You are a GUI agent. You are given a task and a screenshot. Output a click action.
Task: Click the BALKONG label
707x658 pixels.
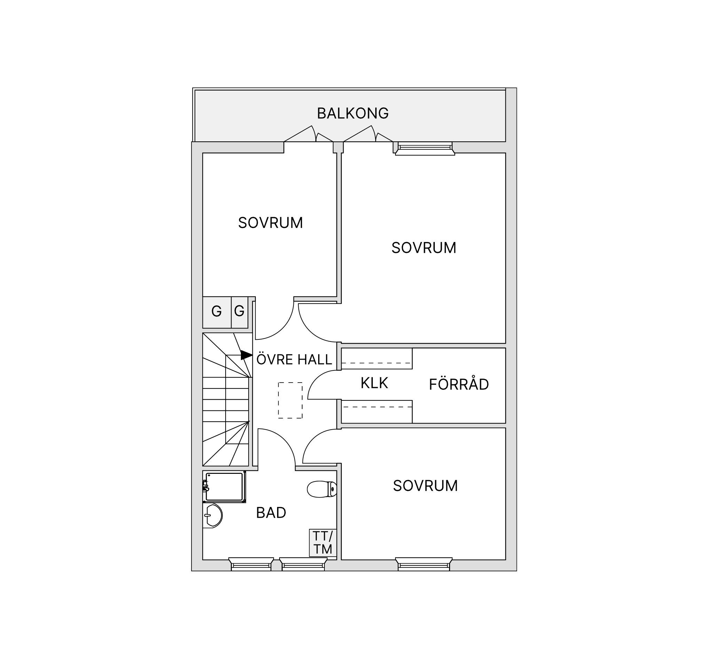pos(352,113)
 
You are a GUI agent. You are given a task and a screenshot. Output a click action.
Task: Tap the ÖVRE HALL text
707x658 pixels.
pos(294,359)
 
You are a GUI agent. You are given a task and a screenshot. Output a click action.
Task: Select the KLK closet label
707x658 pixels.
pos(374,383)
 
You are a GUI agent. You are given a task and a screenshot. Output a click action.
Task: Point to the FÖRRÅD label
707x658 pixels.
pos(459,384)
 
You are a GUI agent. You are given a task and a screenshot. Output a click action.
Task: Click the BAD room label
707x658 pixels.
pos(271,513)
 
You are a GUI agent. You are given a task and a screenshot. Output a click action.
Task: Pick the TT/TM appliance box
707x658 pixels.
pos(323,542)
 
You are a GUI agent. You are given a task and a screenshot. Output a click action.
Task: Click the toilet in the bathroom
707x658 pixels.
pos(322,489)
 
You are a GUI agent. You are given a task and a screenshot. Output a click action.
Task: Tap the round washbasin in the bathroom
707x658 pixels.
pos(213,515)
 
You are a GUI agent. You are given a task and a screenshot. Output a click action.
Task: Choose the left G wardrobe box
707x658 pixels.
pos(217,312)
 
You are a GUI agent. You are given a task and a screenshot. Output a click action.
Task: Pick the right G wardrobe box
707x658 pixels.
pos(240,312)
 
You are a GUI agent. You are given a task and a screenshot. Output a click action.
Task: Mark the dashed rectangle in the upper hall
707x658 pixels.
pos(290,400)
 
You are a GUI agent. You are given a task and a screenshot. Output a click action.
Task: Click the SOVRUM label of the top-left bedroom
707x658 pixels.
pos(270,223)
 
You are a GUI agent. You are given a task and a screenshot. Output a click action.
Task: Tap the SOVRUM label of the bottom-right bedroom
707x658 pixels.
pos(425,486)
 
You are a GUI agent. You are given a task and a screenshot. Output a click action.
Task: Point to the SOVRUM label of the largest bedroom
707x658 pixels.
pos(424,248)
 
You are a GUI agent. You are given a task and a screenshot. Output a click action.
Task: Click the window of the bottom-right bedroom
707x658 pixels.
pos(424,564)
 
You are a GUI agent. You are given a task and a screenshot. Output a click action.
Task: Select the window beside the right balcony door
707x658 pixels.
pos(425,149)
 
